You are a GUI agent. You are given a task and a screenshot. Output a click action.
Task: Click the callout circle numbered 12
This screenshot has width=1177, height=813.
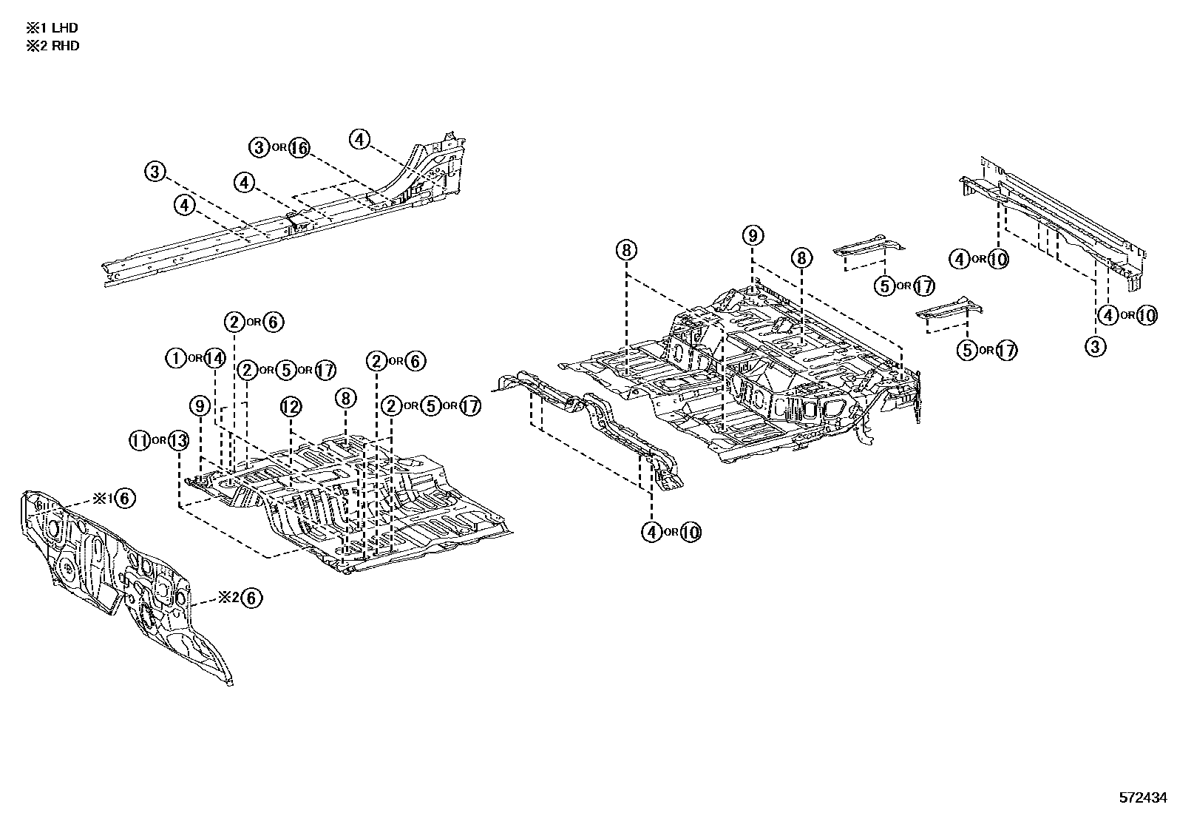click(x=291, y=406)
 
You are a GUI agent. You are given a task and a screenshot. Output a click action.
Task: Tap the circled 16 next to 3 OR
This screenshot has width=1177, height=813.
click(x=298, y=147)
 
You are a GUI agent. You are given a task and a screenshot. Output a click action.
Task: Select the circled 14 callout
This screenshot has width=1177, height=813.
click(x=214, y=358)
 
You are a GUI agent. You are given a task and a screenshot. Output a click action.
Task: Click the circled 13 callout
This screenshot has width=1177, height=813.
click(x=178, y=440)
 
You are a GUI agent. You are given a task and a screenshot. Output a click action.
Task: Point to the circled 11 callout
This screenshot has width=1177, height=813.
click(x=139, y=440)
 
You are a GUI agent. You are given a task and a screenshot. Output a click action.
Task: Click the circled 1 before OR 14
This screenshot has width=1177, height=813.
click(x=175, y=358)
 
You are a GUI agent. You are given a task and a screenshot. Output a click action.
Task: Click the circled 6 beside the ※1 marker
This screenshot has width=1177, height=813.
click(x=125, y=498)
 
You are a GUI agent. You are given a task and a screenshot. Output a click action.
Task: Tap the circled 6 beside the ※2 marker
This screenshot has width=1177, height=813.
click(x=252, y=598)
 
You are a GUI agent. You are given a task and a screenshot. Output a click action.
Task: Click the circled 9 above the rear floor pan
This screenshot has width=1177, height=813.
click(x=752, y=236)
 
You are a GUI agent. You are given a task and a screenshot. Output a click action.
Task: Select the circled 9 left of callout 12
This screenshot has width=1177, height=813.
click(x=199, y=405)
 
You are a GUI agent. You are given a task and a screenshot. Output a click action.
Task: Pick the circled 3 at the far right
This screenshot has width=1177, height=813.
click(x=1095, y=345)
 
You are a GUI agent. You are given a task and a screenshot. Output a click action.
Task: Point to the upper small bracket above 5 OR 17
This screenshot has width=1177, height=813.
click(x=869, y=247)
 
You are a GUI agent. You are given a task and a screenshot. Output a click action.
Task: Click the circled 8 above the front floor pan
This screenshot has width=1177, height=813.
click(x=345, y=398)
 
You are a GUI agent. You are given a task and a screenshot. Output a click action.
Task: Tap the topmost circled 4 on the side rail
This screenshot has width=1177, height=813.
click(x=359, y=139)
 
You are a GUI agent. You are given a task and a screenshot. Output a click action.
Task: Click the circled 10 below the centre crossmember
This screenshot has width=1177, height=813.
click(x=690, y=532)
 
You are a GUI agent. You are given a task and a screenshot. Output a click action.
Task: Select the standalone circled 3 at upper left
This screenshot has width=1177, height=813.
click(x=154, y=172)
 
